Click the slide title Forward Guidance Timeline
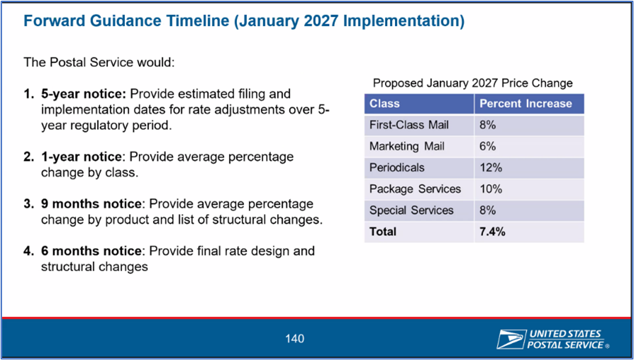244,21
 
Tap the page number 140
294,339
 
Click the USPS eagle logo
511,339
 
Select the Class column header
384,103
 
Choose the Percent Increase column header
525,103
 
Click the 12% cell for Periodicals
491,168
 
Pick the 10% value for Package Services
491,189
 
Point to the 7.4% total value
492,232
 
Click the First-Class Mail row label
408,125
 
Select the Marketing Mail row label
407,146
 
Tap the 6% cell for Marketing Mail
488,146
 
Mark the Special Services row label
411,210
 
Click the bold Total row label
382,232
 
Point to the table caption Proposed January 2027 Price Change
473,83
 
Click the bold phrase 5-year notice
84,94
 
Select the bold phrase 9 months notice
91,204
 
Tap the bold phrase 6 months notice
91,251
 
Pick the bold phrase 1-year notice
82,157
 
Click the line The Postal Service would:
99,62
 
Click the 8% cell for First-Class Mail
488,125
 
